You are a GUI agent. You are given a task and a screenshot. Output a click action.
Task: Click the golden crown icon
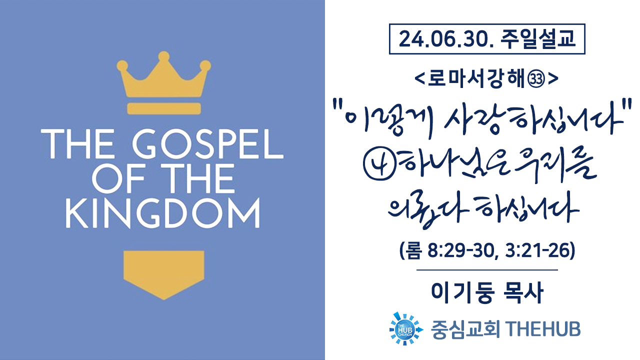click(x=163, y=75)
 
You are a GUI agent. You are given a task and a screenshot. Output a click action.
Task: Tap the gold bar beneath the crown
click(x=164, y=108)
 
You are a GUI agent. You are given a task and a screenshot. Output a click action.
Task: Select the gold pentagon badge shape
click(x=163, y=275)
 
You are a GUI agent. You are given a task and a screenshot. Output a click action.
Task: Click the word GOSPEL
click(x=207, y=144)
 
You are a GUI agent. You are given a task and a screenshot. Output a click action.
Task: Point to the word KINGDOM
click(x=163, y=213)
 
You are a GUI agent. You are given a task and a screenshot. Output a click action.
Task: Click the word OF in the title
click(x=118, y=179)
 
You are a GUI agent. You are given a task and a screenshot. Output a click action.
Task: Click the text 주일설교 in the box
click(x=537, y=38)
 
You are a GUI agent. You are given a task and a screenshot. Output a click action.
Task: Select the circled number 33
click(x=537, y=79)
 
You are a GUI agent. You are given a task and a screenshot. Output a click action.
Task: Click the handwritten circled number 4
click(x=379, y=165)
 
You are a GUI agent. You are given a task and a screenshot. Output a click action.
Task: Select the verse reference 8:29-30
click(x=463, y=251)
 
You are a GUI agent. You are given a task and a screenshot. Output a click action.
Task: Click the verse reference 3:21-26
click(x=537, y=250)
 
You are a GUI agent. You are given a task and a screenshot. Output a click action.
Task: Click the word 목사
click(x=523, y=293)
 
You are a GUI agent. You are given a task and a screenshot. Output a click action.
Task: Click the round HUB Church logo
click(x=406, y=328)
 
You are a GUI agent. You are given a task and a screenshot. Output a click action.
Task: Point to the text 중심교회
click(x=465, y=329)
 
